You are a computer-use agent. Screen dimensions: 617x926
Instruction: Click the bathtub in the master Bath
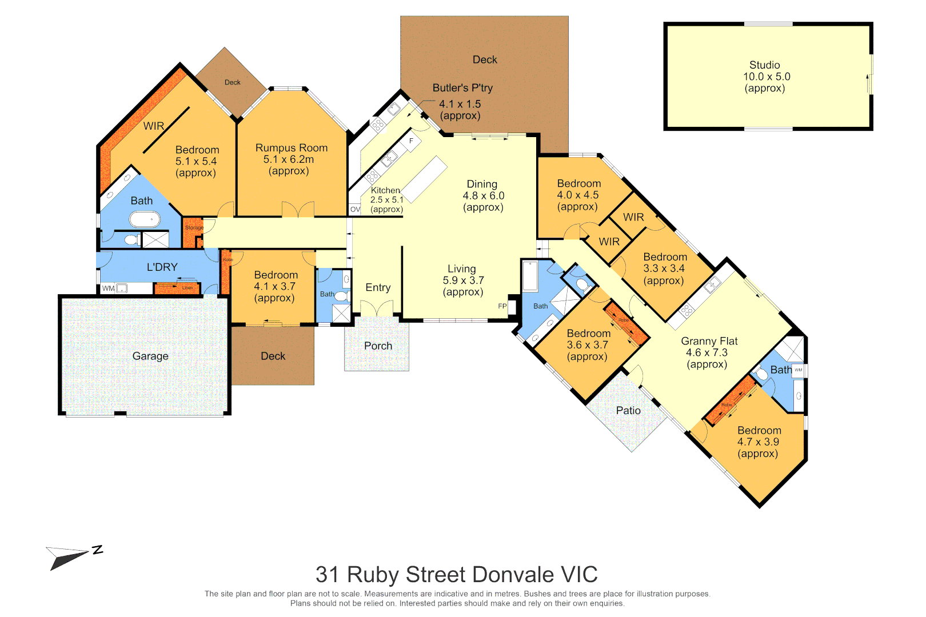pos(145,219)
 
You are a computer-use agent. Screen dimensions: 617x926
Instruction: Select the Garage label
pos(150,356)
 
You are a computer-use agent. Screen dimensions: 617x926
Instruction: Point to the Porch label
pos(378,346)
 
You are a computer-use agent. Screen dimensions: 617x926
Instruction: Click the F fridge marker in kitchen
pos(411,141)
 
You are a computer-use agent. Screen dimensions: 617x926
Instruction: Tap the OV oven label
pos(355,210)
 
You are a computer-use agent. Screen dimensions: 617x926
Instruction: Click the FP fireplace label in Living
pos(502,306)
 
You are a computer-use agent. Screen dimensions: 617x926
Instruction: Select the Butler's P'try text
pos(462,88)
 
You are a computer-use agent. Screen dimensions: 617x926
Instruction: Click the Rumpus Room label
pos(292,148)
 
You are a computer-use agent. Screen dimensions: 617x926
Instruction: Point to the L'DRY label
pos(162,267)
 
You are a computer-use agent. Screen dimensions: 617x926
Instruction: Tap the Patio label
pos(628,410)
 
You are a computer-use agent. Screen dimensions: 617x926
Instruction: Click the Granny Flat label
pos(709,341)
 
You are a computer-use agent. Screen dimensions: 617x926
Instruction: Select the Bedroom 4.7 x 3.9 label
pos(759,442)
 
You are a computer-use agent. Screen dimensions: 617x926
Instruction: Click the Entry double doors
pos(377,309)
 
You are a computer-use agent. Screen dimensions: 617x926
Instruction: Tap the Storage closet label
pos(194,227)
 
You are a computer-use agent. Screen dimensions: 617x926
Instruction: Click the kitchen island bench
pos(424,179)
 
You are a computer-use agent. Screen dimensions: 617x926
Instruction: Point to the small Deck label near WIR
pos(232,82)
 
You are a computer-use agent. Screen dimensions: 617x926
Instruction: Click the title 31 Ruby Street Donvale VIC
pos(456,574)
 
